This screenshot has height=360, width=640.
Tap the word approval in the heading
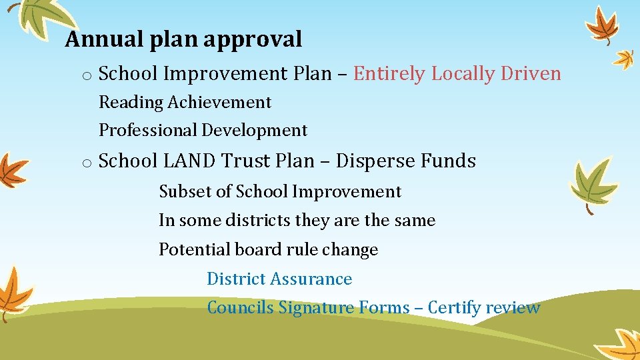click(x=253, y=40)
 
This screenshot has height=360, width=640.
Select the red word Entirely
click(x=389, y=73)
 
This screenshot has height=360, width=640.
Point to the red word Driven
click(x=529, y=73)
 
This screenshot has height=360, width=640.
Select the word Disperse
click(x=374, y=161)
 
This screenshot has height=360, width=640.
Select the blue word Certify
click(x=454, y=307)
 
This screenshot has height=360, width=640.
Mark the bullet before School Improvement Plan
click(x=87, y=75)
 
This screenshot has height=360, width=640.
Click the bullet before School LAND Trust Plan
click(x=87, y=163)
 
